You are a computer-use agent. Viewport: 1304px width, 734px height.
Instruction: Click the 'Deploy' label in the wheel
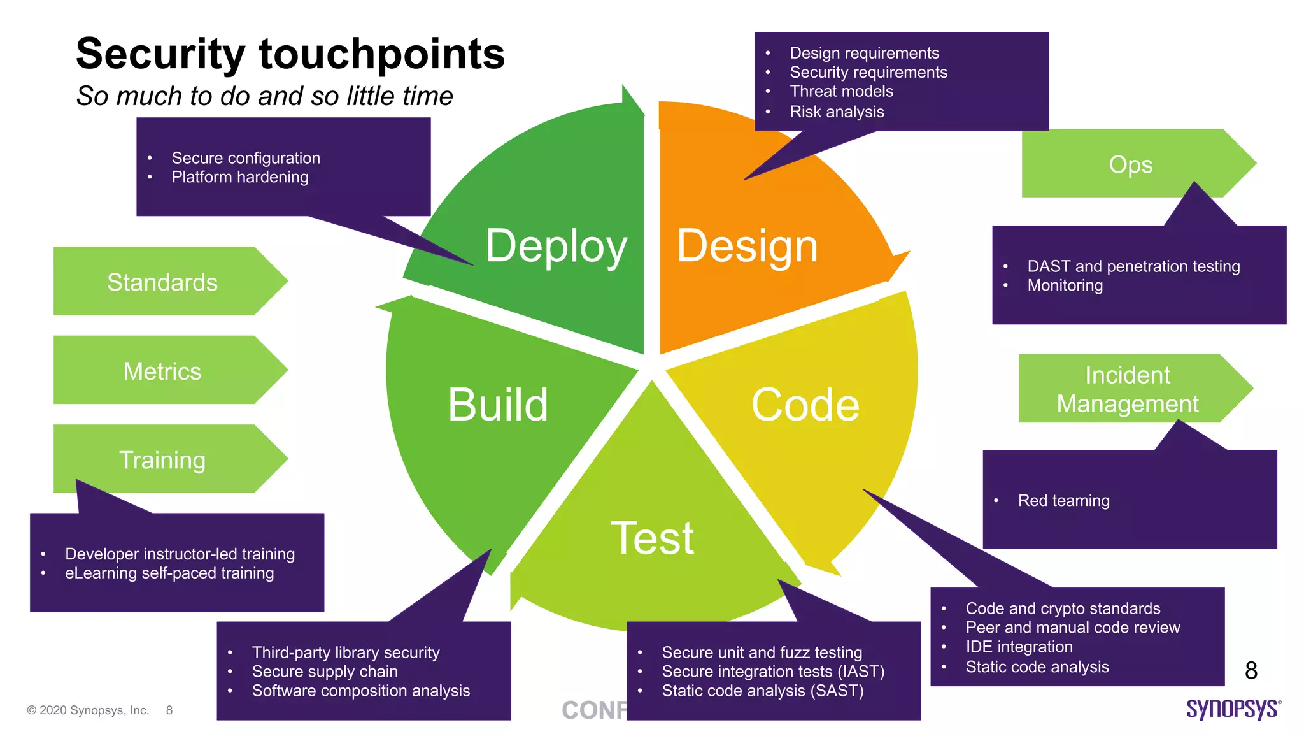(x=556, y=246)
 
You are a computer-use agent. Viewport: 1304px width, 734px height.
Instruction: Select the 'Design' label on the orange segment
(x=747, y=246)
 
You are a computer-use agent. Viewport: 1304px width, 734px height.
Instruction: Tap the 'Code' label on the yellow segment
(x=805, y=405)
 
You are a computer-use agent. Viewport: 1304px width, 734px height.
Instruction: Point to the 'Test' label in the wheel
(x=652, y=538)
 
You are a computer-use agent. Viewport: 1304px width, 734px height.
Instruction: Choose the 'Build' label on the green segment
(x=497, y=405)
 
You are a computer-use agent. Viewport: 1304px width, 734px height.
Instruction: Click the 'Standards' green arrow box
(x=162, y=282)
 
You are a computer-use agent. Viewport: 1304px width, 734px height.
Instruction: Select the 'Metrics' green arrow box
(x=162, y=371)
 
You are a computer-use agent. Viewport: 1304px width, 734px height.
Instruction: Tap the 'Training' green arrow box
(x=162, y=459)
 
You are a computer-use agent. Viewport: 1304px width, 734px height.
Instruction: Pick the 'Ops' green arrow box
(x=1130, y=164)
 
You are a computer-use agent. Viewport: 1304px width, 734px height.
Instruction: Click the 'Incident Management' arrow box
(x=1127, y=389)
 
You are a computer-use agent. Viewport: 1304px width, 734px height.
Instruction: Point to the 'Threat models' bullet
(x=841, y=92)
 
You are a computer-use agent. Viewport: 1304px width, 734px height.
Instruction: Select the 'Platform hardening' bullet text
(x=240, y=177)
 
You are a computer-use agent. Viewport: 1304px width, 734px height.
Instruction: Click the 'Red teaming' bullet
(x=1063, y=501)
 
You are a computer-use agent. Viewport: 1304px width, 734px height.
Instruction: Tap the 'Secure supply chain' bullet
(x=325, y=672)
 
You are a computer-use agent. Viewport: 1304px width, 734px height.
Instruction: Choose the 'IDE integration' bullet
(x=1019, y=647)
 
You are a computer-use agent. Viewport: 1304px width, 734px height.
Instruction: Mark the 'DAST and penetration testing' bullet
(x=1133, y=266)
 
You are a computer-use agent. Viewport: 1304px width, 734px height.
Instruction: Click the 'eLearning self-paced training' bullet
(x=169, y=573)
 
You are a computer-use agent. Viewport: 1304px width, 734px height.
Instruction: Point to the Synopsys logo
(x=1233, y=709)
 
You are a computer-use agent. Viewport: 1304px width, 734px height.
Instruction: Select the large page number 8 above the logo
(x=1251, y=670)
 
